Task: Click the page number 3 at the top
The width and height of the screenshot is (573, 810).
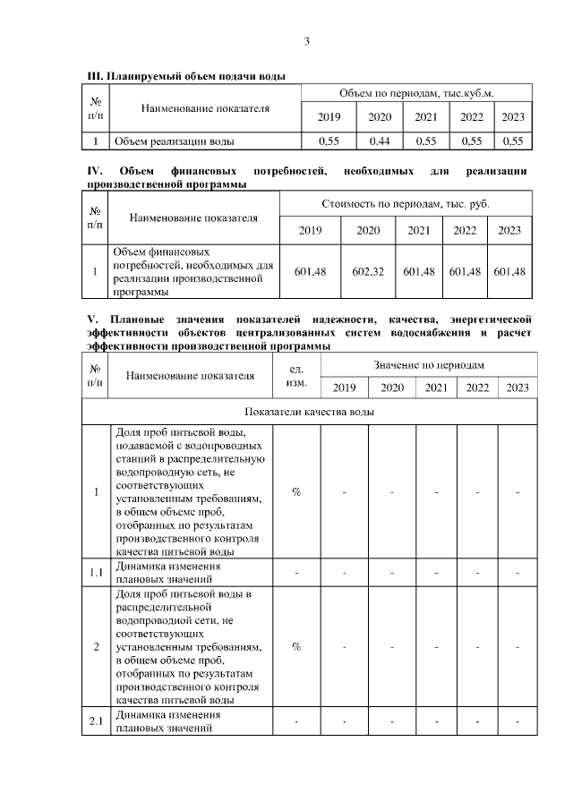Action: [x=307, y=41]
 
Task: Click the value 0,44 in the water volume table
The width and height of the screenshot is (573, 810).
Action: [x=380, y=141]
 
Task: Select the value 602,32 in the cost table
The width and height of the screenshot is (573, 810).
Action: [x=368, y=271]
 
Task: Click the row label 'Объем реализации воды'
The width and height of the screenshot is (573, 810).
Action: [x=174, y=141]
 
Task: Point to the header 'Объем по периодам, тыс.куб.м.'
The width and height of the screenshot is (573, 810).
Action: [x=416, y=93]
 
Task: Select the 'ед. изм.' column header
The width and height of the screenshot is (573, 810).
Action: [x=296, y=375]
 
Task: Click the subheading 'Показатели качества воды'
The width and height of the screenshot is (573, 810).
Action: [x=310, y=412]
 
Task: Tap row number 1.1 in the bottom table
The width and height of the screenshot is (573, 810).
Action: [x=96, y=572]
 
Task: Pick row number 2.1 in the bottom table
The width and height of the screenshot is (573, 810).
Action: [x=96, y=721]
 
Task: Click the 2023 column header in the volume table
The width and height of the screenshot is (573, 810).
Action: [x=513, y=117]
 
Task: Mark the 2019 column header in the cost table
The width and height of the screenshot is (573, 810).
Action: [x=310, y=230]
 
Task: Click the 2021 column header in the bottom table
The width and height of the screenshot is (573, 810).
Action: [x=436, y=388]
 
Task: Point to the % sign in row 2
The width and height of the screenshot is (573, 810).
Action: [x=296, y=647]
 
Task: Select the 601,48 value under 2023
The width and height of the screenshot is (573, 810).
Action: [x=509, y=271]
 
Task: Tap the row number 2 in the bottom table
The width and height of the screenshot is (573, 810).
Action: [x=96, y=647]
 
